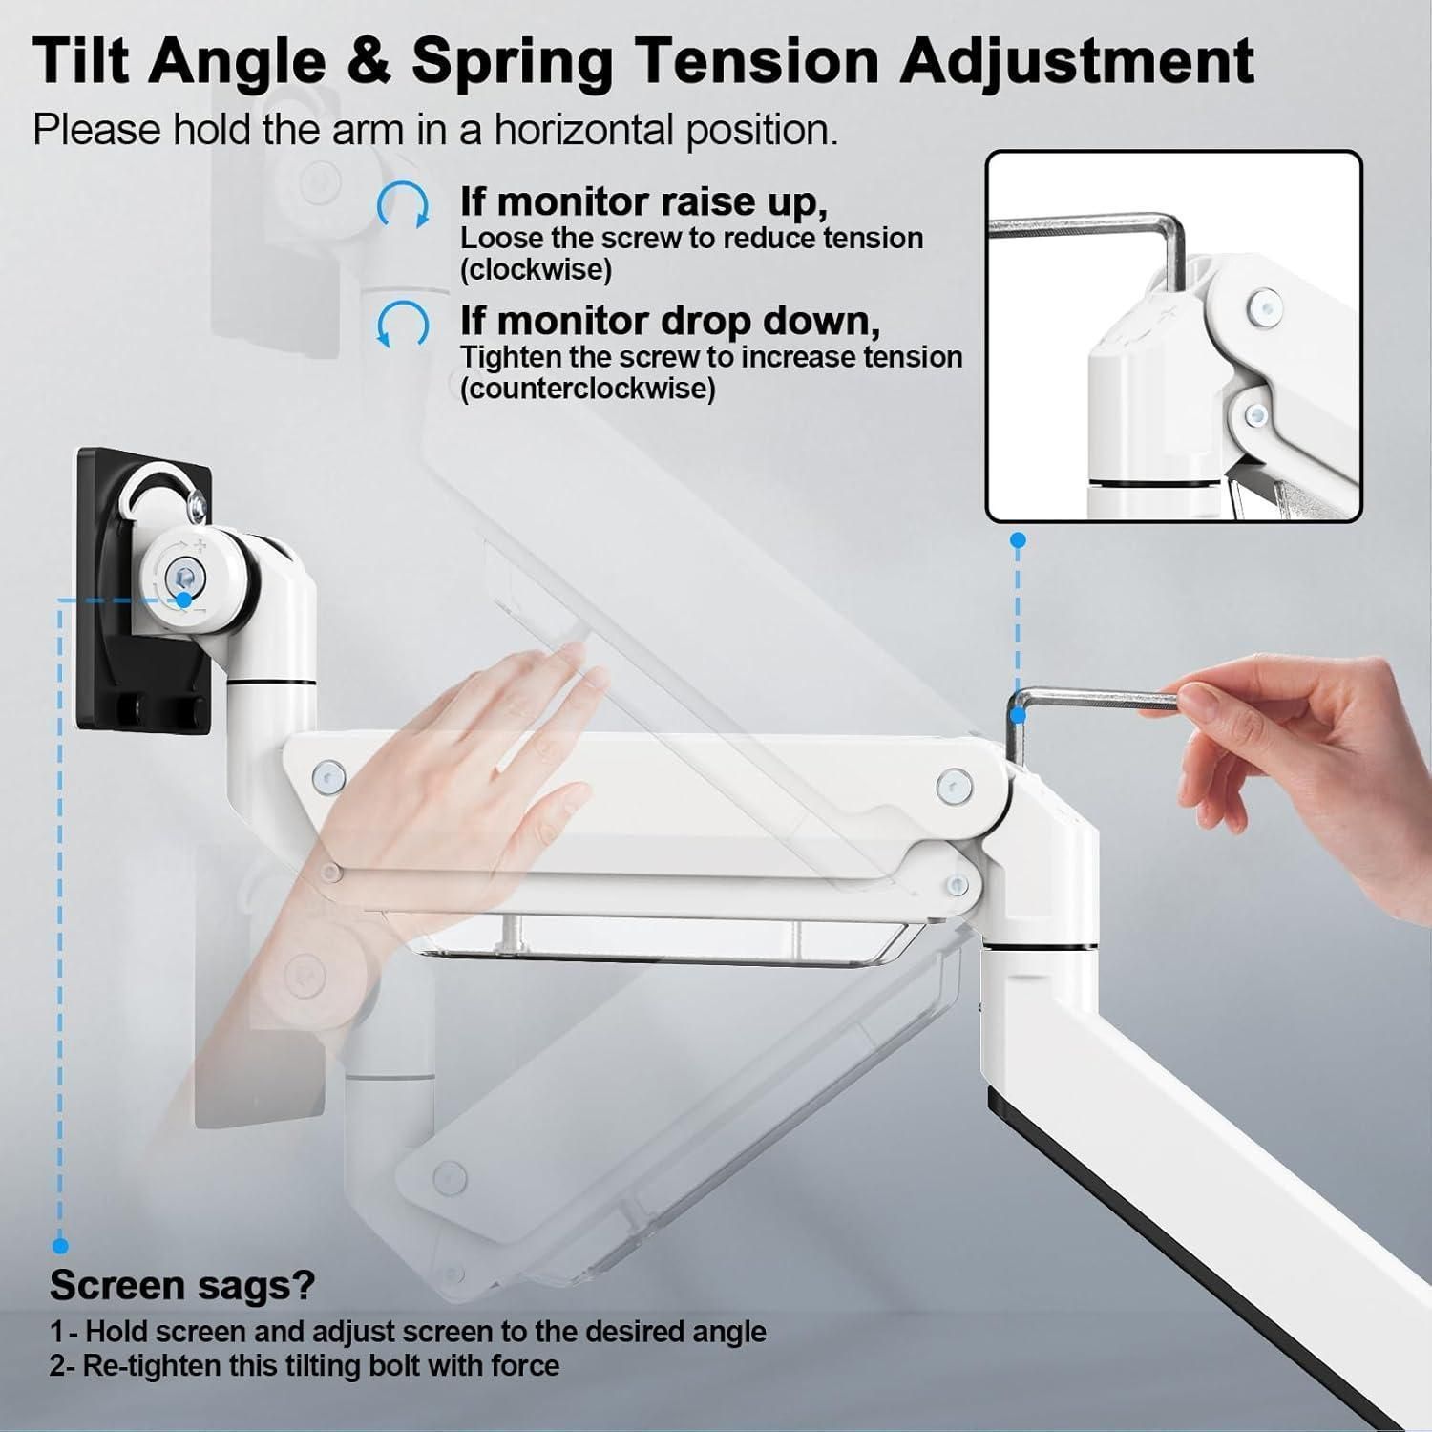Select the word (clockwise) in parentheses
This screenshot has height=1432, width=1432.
[x=537, y=270]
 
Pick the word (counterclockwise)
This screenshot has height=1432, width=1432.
[x=588, y=390]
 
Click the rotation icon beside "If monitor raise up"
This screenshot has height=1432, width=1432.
[x=403, y=205]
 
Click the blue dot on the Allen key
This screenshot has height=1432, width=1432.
[x=1019, y=715]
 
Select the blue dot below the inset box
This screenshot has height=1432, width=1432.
[x=1019, y=540]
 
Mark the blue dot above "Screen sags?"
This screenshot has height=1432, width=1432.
[x=60, y=1245]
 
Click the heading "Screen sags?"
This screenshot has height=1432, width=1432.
[x=182, y=1286]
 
